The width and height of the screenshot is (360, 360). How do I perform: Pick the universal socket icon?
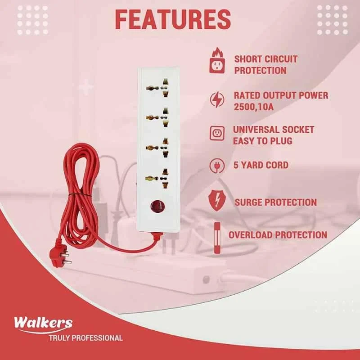(217, 133)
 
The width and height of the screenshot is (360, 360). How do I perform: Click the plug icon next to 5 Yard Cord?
(217, 166)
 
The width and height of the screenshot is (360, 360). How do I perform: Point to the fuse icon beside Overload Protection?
(217, 235)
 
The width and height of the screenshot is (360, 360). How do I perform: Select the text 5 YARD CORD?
(261, 165)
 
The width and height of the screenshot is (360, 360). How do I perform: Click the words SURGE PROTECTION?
(275, 202)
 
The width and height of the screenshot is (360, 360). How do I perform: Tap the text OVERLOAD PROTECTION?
(278, 234)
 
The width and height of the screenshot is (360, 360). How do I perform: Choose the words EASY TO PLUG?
(262, 141)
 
